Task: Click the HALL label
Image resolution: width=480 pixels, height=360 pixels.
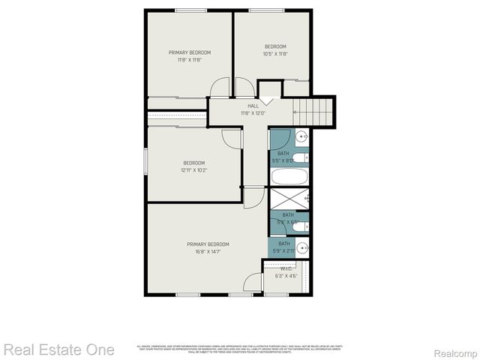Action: (x=253, y=106)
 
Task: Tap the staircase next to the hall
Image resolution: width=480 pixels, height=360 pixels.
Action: (x=314, y=111)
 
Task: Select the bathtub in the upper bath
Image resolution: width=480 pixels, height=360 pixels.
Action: (x=289, y=178)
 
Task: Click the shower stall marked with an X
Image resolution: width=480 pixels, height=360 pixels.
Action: (x=289, y=199)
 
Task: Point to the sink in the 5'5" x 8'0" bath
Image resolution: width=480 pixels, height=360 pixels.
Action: (x=301, y=136)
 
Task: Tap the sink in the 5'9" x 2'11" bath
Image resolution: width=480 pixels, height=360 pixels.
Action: (x=301, y=247)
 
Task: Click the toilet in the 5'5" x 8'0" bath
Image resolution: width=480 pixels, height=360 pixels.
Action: (x=298, y=158)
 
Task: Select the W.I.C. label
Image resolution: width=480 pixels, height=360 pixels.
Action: (x=286, y=268)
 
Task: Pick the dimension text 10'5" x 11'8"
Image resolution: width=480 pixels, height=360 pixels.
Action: (x=275, y=54)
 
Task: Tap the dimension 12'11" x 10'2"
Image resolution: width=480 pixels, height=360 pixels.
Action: (x=194, y=170)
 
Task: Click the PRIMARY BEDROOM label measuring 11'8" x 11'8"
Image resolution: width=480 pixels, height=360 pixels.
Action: (x=189, y=52)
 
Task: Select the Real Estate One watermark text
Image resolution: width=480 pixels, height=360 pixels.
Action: (x=58, y=349)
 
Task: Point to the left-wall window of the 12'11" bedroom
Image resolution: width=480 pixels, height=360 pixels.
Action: (x=145, y=162)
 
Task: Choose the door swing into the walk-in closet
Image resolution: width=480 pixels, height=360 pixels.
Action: (x=253, y=283)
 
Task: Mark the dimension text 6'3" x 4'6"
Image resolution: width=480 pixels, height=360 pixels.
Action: (x=286, y=276)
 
